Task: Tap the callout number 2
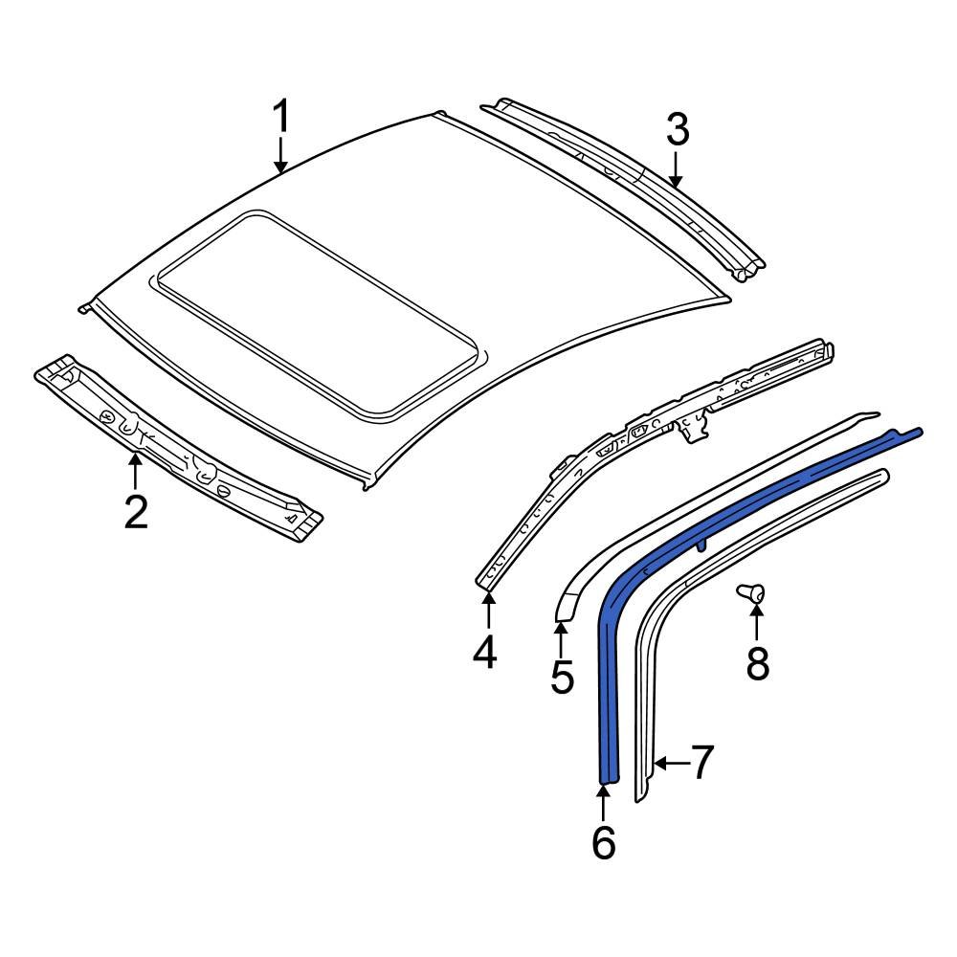136,512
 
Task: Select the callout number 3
678,129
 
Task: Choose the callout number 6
603,842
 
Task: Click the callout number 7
702,763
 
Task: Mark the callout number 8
757,662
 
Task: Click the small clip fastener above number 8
751,594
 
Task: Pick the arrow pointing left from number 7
671,763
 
